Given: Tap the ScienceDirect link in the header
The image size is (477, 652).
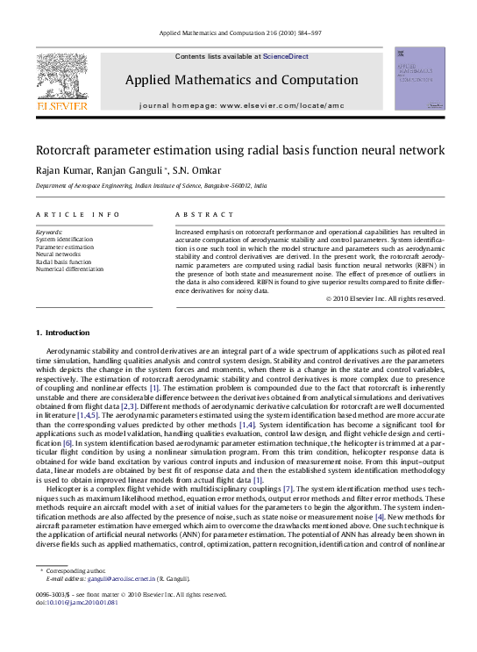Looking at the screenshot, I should pos(285,56).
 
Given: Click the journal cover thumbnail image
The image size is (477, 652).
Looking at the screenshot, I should pos(419,79).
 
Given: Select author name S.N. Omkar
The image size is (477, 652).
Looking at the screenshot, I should pos(196,170).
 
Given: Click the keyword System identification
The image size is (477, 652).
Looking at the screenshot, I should pos(64,239).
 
